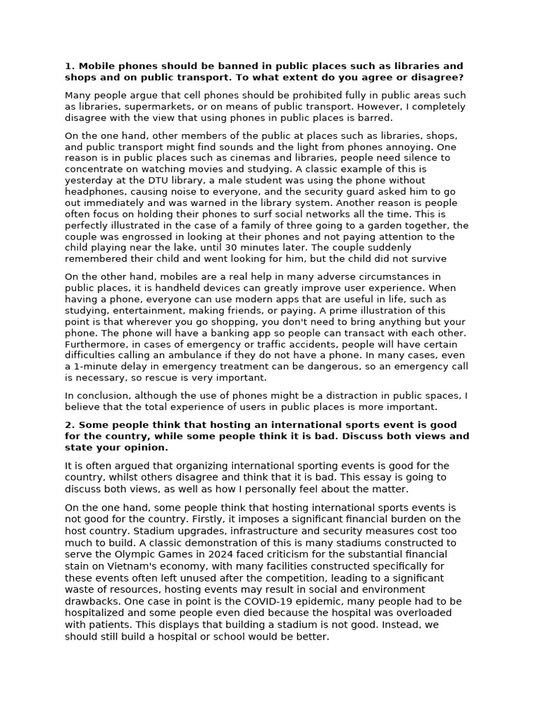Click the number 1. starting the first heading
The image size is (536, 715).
pyautogui.click(x=69, y=66)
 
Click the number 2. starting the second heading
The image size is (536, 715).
pyautogui.click(x=69, y=425)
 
